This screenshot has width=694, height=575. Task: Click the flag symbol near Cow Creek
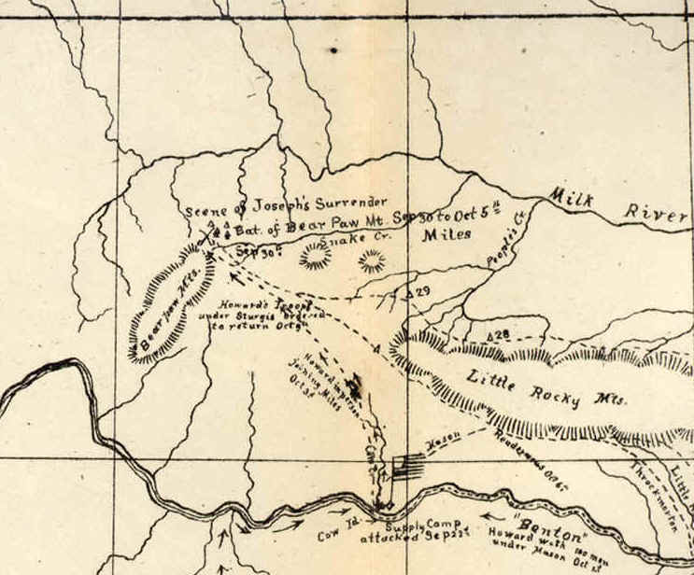pos(403,464)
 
